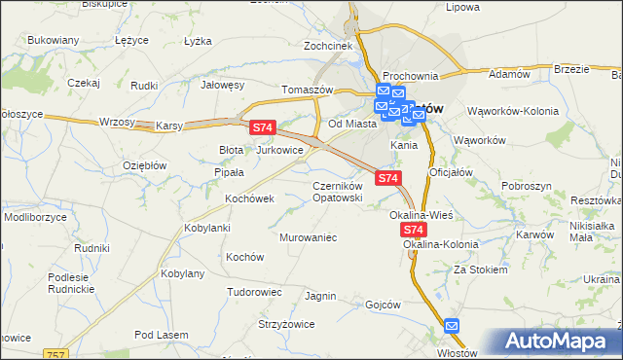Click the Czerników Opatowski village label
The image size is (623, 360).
338,191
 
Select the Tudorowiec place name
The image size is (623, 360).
254,291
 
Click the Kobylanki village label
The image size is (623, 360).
206,228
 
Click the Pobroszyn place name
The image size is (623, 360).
527,185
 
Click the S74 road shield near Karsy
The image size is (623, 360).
263,127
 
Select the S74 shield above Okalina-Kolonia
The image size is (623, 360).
414,230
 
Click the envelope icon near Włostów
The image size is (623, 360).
454,327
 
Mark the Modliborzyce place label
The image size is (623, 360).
35,217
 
